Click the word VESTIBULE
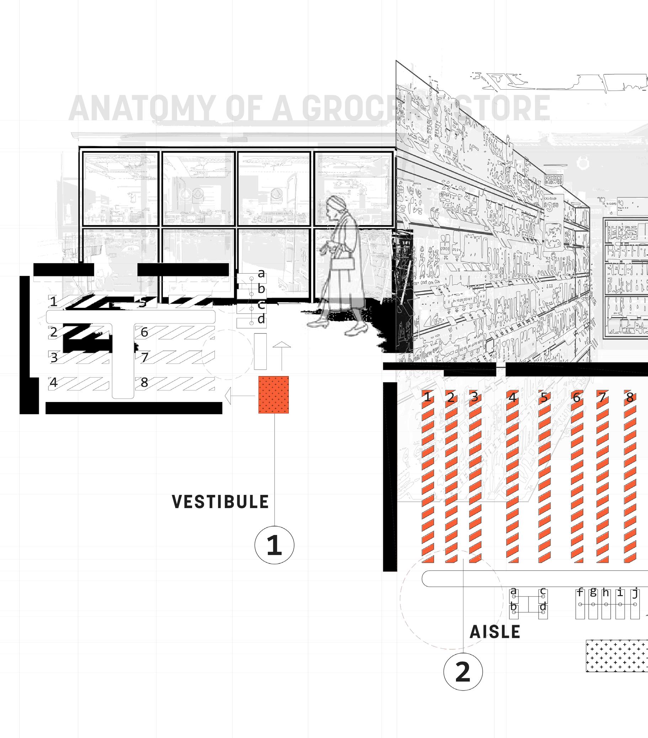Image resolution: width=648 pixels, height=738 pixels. click(x=221, y=502)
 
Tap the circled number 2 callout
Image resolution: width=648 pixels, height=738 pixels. click(x=463, y=671)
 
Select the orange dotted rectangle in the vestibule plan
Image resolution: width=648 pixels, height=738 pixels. click(x=273, y=395)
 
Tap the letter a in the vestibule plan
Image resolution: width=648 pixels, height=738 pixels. click(x=261, y=273)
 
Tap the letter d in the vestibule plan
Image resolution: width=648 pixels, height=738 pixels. click(x=261, y=319)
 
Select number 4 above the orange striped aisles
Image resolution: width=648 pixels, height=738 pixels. click(x=512, y=397)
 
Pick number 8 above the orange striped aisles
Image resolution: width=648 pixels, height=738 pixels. click(x=630, y=397)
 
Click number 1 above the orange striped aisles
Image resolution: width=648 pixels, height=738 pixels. click(x=427, y=397)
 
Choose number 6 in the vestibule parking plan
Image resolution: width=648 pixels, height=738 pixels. click(x=144, y=332)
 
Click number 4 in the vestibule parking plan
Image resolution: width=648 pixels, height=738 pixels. click(x=53, y=383)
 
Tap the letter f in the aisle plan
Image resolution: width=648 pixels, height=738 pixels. click(x=580, y=592)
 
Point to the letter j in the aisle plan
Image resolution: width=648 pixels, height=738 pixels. click(x=635, y=593)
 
